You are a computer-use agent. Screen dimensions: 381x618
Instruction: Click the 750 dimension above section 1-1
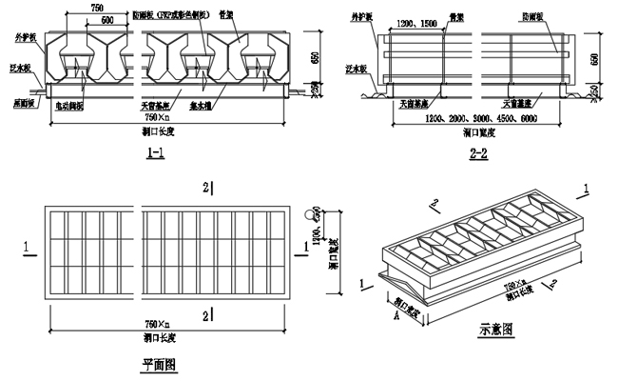97,8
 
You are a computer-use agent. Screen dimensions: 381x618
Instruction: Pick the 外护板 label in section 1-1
24,37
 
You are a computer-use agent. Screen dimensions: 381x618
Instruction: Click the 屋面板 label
23,101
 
